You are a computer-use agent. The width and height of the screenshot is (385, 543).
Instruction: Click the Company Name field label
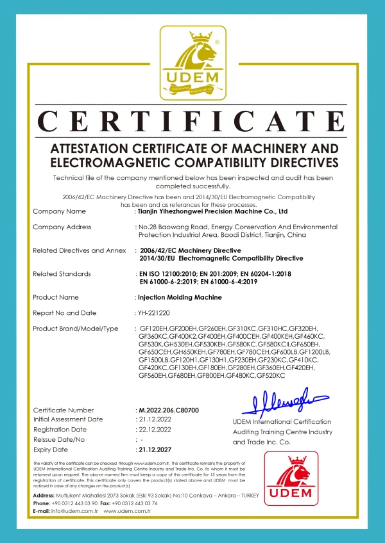(x=59, y=211)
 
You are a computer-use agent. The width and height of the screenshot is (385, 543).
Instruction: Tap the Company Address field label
(x=62, y=227)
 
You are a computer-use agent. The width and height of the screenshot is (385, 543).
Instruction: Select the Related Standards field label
(x=62, y=273)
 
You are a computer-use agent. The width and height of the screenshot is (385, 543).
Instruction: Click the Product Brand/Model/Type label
(x=76, y=328)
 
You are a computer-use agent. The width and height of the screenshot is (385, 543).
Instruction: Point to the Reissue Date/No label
(x=58, y=440)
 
